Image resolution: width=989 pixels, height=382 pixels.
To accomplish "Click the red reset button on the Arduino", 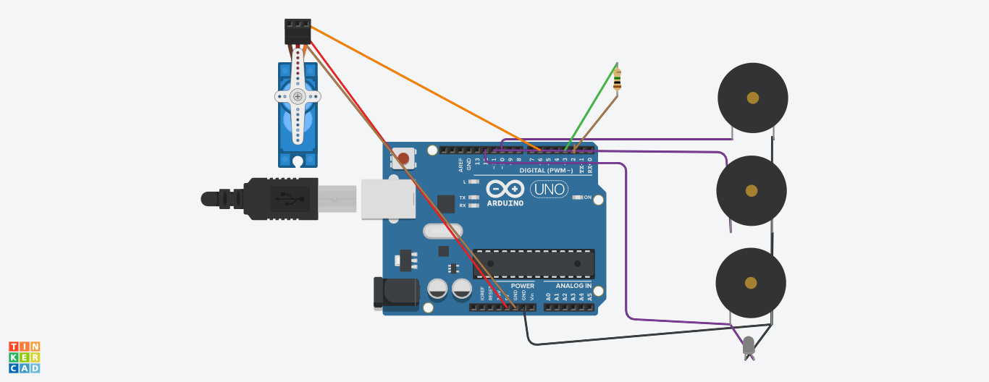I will (x=403, y=158).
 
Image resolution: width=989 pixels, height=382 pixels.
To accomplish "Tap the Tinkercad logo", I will (x=25, y=357).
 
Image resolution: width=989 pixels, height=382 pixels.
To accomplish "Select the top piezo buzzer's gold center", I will (x=753, y=98).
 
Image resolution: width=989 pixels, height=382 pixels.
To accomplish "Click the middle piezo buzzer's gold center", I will (x=752, y=191).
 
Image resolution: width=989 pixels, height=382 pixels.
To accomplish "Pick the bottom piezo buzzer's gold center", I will (x=751, y=283).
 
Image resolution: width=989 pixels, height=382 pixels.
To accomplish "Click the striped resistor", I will (x=617, y=79).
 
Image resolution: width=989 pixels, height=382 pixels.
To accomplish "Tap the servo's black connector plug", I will (x=298, y=32).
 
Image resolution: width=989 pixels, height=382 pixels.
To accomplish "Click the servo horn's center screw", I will (x=298, y=96).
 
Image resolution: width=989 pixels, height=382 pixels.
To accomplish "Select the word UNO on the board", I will (x=549, y=190).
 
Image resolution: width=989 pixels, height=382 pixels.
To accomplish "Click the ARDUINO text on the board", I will (x=505, y=203).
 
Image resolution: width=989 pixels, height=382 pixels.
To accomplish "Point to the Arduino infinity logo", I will (x=505, y=190).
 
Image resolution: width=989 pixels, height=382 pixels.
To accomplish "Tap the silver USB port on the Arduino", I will (x=388, y=199).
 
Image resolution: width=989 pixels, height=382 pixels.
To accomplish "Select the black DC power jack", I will (x=395, y=292).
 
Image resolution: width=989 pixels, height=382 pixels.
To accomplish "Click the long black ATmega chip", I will (x=534, y=264).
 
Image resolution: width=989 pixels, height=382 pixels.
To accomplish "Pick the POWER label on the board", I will (x=523, y=286).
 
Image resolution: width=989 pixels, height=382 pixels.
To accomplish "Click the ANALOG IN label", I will (x=573, y=286).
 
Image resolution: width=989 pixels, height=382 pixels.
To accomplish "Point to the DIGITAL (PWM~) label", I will (x=546, y=171).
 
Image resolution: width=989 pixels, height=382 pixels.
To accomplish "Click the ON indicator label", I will (x=587, y=197).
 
